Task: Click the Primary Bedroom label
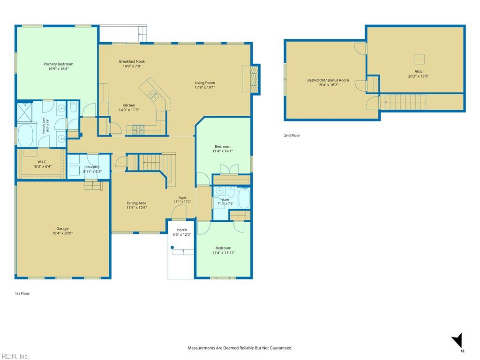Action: tap(59, 64)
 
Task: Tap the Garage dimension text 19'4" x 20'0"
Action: tap(62, 233)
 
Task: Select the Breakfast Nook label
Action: tap(132, 61)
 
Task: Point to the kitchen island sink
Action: tap(153, 96)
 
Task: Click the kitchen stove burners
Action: tap(138, 129)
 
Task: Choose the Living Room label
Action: tap(205, 82)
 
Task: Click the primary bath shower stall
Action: tap(24, 112)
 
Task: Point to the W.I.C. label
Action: tap(42, 162)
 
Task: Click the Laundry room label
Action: tap(92, 167)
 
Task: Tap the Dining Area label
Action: tap(136, 203)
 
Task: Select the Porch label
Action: tap(182, 230)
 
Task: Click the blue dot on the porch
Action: tap(172, 247)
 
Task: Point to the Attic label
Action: tap(418, 72)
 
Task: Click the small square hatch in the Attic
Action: tap(420, 59)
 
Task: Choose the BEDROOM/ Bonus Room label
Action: tap(328, 80)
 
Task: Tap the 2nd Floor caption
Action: tap(292, 135)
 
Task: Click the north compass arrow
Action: tap(457, 340)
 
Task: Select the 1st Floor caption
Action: tap(22, 293)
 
